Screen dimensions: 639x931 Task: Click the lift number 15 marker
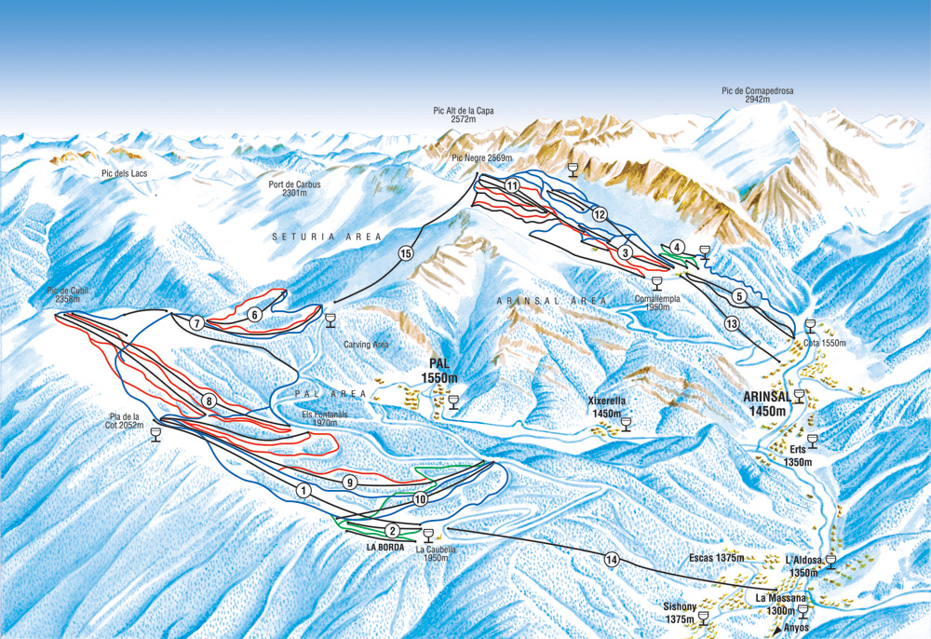[x=405, y=252]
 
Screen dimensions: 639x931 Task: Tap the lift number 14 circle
[x=612, y=560]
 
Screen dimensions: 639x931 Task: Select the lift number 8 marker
[x=209, y=401]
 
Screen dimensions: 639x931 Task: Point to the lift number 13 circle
[x=732, y=323]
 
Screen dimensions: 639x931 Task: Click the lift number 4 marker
[x=679, y=247]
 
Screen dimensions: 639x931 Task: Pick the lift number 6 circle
[x=254, y=315]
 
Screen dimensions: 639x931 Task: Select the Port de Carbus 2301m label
[x=294, y=189]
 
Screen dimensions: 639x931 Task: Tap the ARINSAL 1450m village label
[x=766, y=403]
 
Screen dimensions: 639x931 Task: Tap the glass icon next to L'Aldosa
[x=830, y=562]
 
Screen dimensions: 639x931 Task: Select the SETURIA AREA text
[x=327, y=238]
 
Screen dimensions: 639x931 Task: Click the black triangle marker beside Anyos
[x=777, y=629]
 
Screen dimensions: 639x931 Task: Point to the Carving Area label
[x=366, y=345]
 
